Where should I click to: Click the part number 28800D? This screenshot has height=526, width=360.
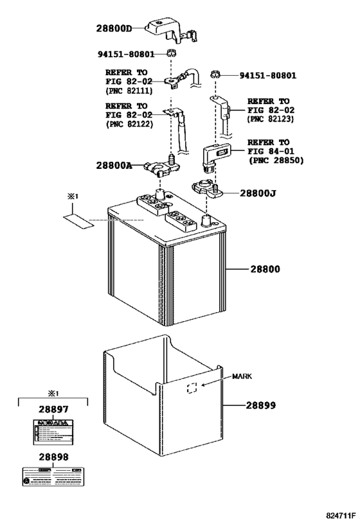click(114, 29)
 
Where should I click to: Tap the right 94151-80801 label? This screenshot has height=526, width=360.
click(268, 75)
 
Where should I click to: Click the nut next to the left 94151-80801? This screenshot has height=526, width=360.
click(170, 53)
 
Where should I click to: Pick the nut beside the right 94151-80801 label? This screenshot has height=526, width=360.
click(217, 75)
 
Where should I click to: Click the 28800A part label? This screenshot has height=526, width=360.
click(114, 166)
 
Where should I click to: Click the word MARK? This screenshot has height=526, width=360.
click(243, 377)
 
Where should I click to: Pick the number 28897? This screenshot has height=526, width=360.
click(53, 408)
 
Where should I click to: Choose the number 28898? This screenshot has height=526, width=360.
click(53, 457)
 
